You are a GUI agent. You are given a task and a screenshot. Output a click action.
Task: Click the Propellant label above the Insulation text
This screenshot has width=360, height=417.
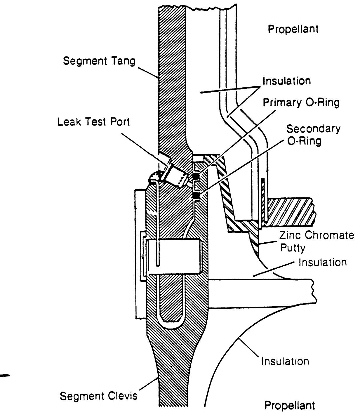(x=293, y=29)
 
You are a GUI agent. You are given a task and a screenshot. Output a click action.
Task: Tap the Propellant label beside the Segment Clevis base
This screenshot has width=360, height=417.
(x=289, y=406)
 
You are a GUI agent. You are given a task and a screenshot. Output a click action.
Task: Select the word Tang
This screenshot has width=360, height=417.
(x=124, y=61)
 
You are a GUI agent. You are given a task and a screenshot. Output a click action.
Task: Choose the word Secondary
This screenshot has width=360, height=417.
(x=313, y=129)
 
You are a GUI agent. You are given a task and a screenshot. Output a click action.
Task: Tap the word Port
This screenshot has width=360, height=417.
(x=120, y=122)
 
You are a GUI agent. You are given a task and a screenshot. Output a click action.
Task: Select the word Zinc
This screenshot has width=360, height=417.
(x=290, y=235)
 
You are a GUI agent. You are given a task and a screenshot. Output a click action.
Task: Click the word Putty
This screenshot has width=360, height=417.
(x=293, y=248)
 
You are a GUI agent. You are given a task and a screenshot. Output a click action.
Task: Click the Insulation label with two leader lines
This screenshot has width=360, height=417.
(x=286, y=81)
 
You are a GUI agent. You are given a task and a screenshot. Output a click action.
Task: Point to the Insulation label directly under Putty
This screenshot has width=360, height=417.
(x=322, y=262)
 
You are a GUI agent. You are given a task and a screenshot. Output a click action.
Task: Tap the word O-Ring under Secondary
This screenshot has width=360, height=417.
(x=305, y=141)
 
